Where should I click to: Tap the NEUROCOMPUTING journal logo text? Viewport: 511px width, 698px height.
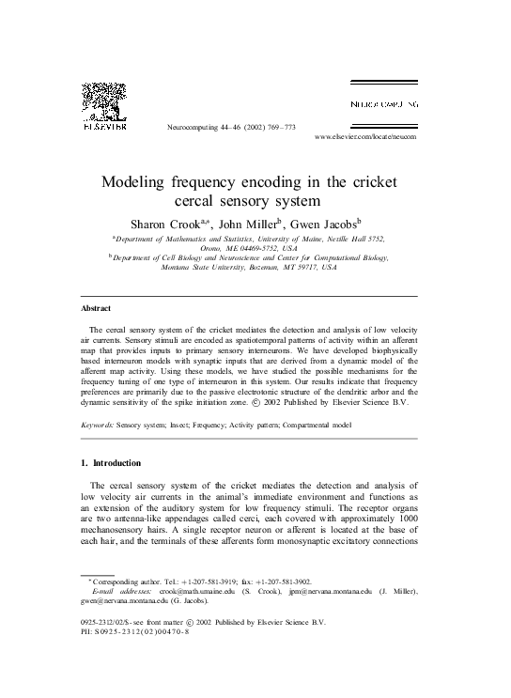(384, 102)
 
